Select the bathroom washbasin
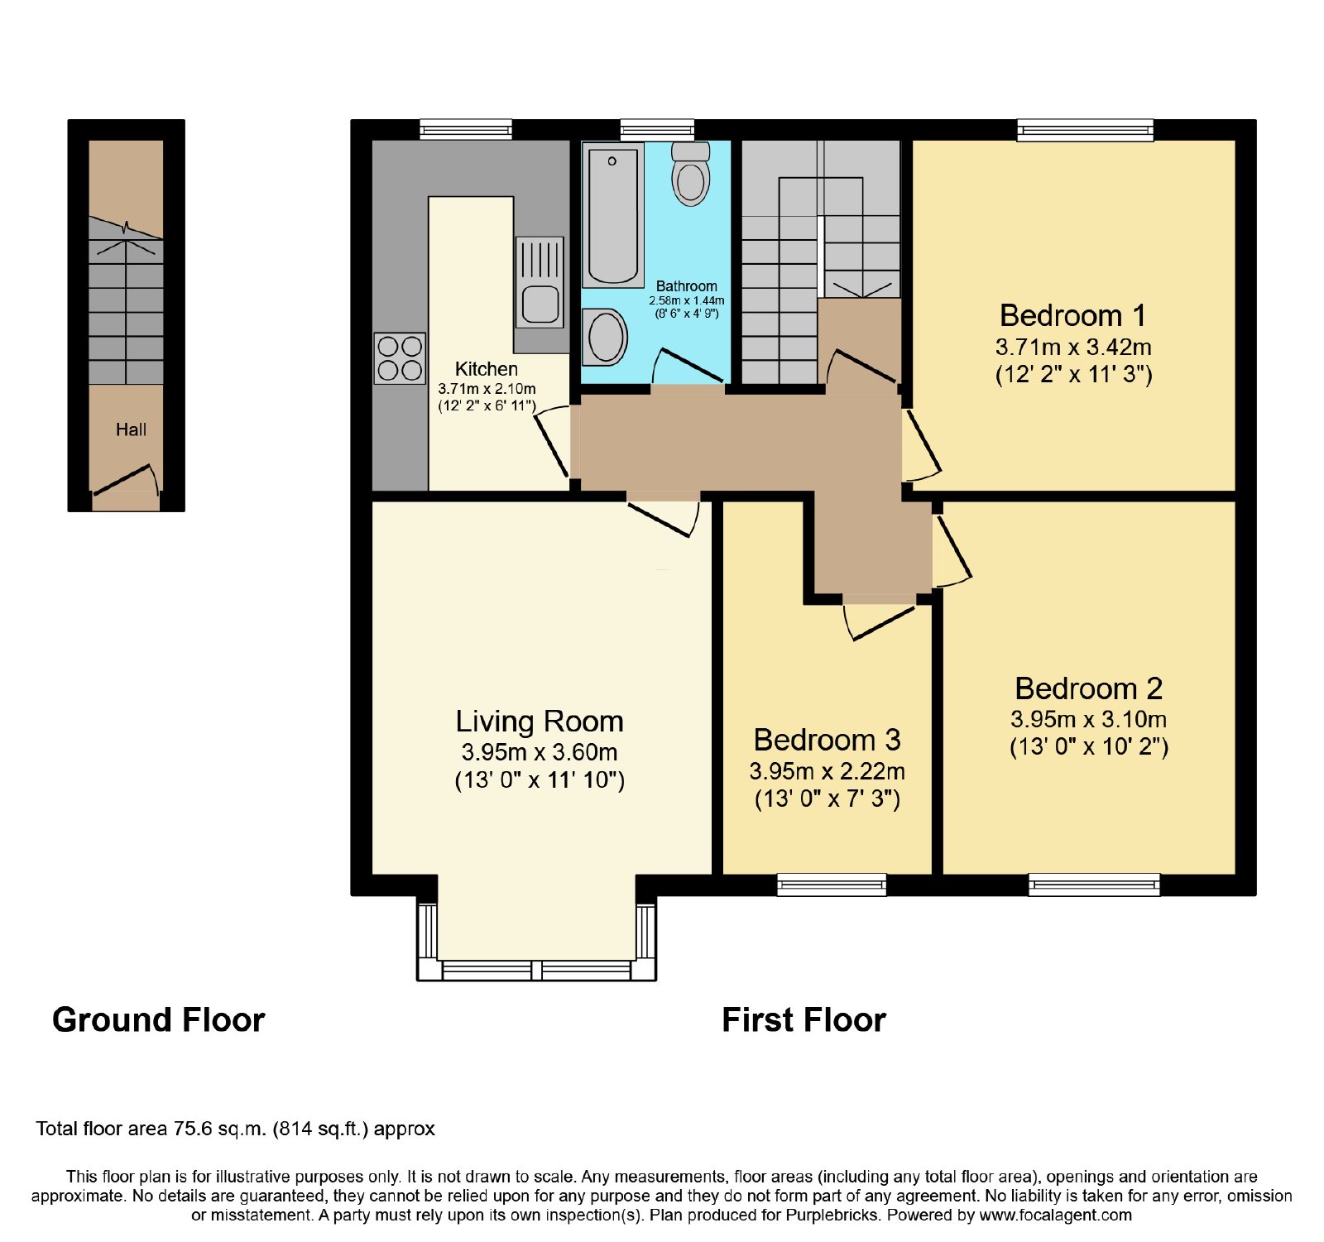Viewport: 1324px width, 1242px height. (x=605, y=337)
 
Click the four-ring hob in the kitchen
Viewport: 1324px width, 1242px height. (x=400, y=358)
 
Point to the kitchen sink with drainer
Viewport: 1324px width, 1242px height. (x=540, y=281)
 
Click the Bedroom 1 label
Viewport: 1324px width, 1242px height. (x=1072, y=315)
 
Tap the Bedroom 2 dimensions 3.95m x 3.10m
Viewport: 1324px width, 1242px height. (x=1088, y=719)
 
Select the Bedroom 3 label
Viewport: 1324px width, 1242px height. (x=827, y=739)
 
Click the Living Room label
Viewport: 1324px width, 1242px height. (x=540, y=722)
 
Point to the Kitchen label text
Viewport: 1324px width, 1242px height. (x=487, y=369)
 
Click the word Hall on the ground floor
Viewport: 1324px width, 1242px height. (x=131, y=429)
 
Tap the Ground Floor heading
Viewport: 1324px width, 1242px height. (x=158, y=1019)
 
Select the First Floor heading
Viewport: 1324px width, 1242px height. (x=804, y=1019)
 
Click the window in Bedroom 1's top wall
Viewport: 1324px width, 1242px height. (x=1085, y=130)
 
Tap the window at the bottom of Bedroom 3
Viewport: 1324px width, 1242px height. (x=832, y=885)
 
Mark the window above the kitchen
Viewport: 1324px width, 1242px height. (x=466, y=130)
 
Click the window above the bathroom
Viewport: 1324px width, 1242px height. (x=657, y=130)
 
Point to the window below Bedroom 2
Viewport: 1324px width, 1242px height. (x=1094, y=885)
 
